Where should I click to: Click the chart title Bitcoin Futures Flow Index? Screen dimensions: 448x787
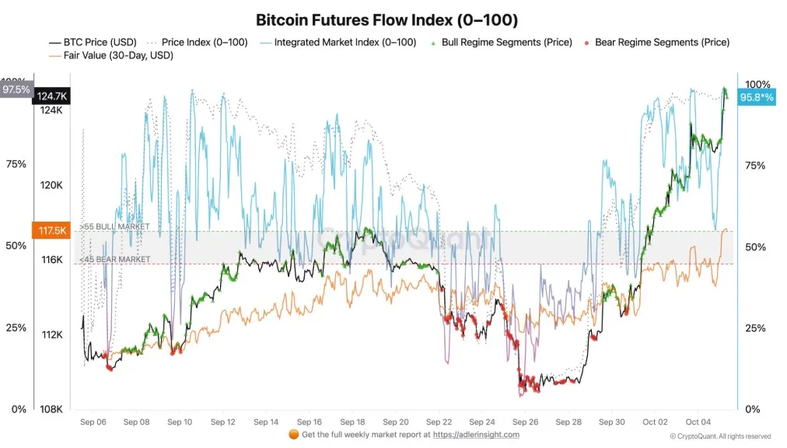pyautogui.click(x=387, y=19)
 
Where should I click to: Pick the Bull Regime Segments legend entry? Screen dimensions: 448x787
pyautogui.click(x=506, y=42)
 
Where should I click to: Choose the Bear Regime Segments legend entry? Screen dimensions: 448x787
pyautogui.click(x=662, y=42)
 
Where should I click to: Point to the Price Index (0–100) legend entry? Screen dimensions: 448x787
pyautogui.click(x=204, y=42)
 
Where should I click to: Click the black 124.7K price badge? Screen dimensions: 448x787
pyautogui.click(x=52, y=96)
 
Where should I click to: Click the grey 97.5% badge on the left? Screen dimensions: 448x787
pyautogui.click(x=16, y=89)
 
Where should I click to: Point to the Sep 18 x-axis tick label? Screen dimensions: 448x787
pyautogui.click(x=352, y=421)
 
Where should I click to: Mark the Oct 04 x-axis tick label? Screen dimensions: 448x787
pyautogui.click(x=698, y=421)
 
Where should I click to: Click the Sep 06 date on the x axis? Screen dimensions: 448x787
pyautogui.click(x=93, y=421)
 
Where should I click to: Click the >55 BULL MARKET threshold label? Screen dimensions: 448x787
pyautogui.click(x=114, y=226)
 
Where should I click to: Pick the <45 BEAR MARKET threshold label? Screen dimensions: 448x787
pyautogui.click(x=114, y=259)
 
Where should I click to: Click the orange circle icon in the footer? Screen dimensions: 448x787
pyautogui.click(x=293, y=434)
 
